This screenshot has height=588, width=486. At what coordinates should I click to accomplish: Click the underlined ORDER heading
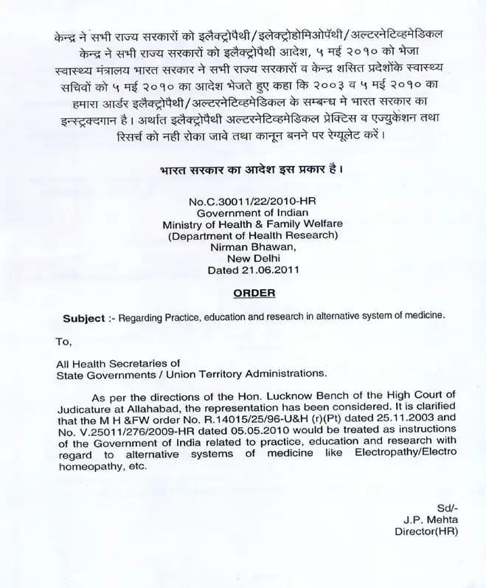click(x=254, y=293)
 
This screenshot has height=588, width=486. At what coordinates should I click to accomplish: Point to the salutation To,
click(x=64, y=341)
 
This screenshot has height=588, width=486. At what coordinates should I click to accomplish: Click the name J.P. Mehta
click(x=431, y=519)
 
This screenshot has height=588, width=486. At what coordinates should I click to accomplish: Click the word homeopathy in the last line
click(x=86, y=466)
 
